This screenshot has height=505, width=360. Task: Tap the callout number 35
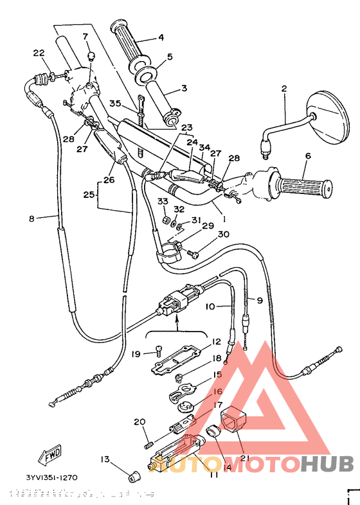click(115, 103)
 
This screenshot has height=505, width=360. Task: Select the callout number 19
click(136, 353)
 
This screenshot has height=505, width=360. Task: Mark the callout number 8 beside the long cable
click(32, 218)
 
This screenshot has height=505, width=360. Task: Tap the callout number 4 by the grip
click(161, 37)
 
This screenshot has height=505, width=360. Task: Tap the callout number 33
click(163, 202)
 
